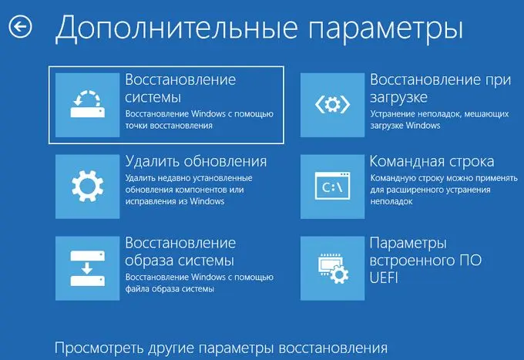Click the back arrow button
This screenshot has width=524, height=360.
[x=20, y=26]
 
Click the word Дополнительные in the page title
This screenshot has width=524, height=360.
[x=176, y=28]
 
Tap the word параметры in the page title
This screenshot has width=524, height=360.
[x=385, y=29]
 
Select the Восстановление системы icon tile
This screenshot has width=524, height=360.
[x=88, y=105]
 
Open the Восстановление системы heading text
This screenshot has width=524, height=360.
[x=180, y=88]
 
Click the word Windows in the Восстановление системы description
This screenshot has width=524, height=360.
[x=208, y=114]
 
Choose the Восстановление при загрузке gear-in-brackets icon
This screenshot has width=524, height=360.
[x=333, y=105]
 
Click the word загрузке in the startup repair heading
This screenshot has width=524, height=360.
[x=398, y=98]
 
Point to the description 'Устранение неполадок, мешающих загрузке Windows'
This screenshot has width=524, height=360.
[x=439, y=119]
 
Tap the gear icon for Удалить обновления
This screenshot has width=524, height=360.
[x=88, y=187]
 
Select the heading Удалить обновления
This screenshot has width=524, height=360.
[x=196, y=162]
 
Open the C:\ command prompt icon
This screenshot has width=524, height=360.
[x=333, y=187]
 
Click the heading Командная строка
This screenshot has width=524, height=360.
[x=432, y=161]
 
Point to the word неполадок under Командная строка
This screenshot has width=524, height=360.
[x=391, y=201]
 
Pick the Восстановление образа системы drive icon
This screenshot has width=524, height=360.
[x=88, y=268]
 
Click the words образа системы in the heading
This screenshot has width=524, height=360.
[x=180, y=261]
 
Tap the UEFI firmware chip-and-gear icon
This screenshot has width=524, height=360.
[x=333, y=268]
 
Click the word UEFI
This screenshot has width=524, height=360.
[x=384, y=278]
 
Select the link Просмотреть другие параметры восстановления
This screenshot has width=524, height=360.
[x=221, y=348]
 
